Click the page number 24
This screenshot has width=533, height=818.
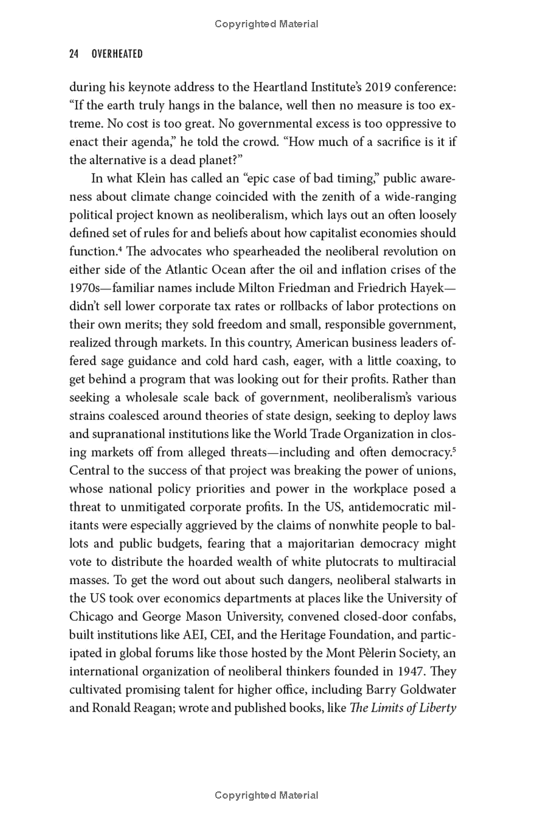(74, 54)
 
